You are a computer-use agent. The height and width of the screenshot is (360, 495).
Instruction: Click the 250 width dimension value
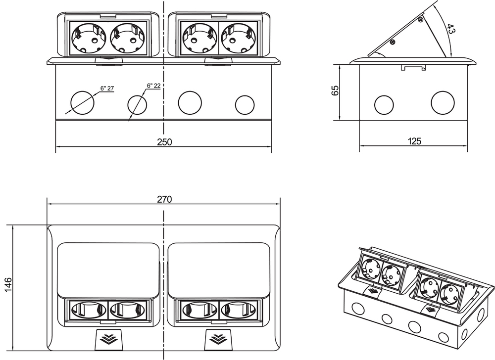(164, 142)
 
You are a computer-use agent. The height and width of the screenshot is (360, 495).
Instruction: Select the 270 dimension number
(164, 200)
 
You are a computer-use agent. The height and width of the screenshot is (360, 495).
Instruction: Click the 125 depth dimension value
(414, 141)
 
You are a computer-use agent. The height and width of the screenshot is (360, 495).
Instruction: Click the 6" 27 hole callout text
(107, 89)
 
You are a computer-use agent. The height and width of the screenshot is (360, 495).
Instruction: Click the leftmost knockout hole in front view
(81, 102)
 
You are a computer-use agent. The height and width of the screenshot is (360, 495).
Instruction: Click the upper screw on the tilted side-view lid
(420, 19)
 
